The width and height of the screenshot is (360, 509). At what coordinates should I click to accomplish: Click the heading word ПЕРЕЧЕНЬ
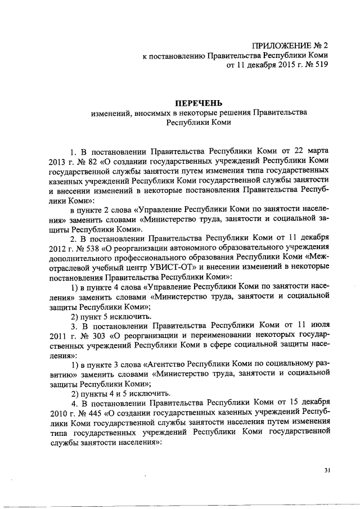tap(199, 103)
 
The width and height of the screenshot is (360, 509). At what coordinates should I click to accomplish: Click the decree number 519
tap(319, 65)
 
